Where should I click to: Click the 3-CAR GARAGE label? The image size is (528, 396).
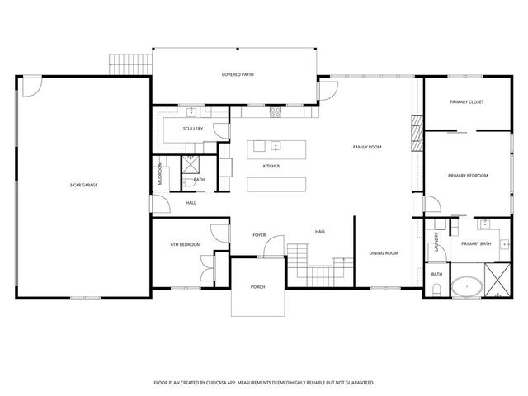coord(83,185)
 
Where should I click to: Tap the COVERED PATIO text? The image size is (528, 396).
coord(237,74)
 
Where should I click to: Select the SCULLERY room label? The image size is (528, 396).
coord(193,129)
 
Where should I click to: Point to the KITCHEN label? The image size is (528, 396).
coord(271,167)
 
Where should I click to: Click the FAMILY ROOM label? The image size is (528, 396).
coord(367,147)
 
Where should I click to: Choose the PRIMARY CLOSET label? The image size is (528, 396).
coord(466,101)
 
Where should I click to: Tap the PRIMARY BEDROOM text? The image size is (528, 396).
coord(468,175)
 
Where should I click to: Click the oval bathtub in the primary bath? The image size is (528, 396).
coord(466,287)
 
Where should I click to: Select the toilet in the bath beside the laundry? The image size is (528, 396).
coord(435,288)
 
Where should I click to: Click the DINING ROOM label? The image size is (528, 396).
coord(384,253)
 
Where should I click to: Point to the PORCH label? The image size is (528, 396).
coord(257,287)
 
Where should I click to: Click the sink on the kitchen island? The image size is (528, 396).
coord(276,147)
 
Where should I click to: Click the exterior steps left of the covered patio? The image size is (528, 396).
coord(130,64)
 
